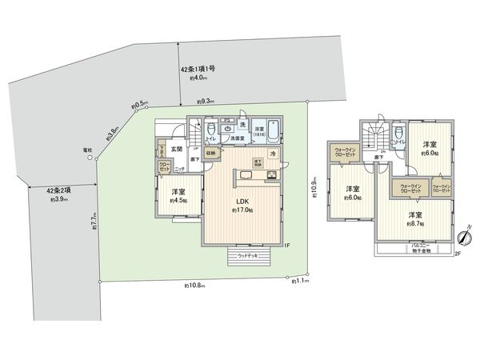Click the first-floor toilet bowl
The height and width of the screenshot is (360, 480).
click(x=210, y=130)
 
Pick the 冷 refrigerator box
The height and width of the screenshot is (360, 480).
click(x=273, y=153)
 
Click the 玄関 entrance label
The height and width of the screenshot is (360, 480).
click(x=178, y=149)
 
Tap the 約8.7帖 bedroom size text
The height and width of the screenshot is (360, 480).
click(x=414, y=224)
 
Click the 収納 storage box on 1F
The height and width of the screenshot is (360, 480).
click(x=210, y=153)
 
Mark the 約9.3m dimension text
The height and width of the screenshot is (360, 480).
click(x=206, y=102)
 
